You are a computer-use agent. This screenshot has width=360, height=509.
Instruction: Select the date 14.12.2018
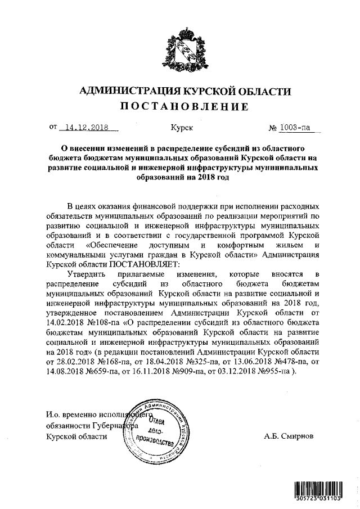click(x=87, y=127)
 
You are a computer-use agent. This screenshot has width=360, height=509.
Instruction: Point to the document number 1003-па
click(x=296, y=127)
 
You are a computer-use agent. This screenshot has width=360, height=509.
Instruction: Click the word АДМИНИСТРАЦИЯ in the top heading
click(x=123, y=91)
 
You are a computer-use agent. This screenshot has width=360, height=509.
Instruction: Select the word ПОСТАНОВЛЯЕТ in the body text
click(x=144, y=264)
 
